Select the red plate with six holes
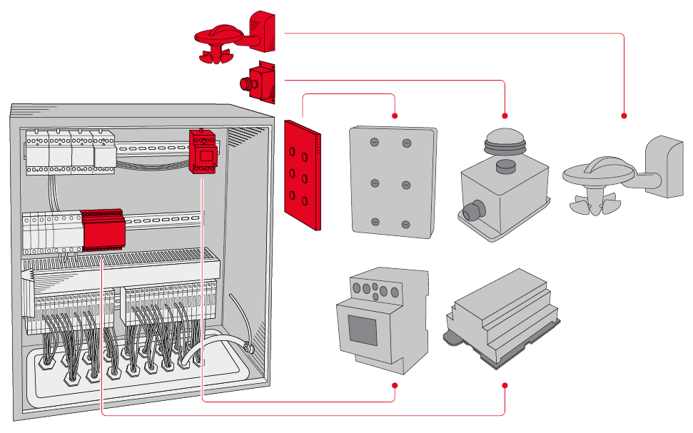[x=302, y=175]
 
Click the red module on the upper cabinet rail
[x=203, y=151]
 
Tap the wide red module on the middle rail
[x=103, y=228]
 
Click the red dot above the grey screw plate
[x=395, y=116]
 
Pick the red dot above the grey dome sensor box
[x=505, y=116]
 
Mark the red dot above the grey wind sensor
[x=624, y=116]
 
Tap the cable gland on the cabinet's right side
[x=248, y=349]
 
